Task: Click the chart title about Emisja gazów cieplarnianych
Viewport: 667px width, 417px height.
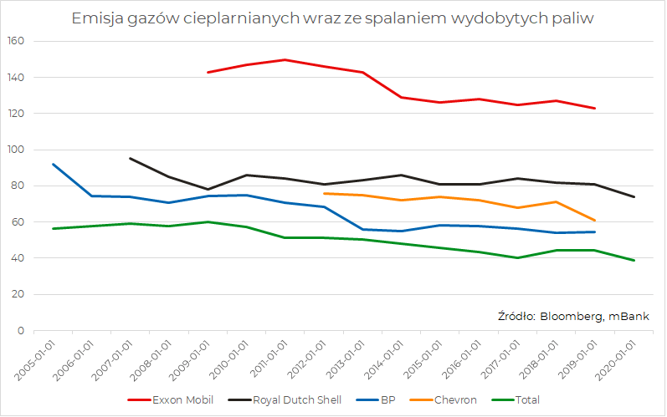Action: click(x=332, y=18)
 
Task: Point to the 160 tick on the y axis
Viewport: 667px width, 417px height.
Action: click(x=18, y=41)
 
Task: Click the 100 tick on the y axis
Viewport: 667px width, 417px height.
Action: click(x=18, y=150)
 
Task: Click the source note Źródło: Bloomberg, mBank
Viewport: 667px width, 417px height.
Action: click(x=573, y=316)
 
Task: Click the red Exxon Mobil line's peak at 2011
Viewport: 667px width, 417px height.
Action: click(x=285, y=59)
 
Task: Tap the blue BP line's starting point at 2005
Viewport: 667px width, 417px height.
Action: click(x=53, y=164)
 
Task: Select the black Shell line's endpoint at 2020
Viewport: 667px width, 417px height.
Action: click(x=634, y=197)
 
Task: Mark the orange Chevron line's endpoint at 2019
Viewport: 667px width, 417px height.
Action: click(x=595, y=221)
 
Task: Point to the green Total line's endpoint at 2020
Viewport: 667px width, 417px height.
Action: click(x=634, y=261)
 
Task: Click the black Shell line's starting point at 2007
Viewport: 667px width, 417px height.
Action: click(x=130, y=158)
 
